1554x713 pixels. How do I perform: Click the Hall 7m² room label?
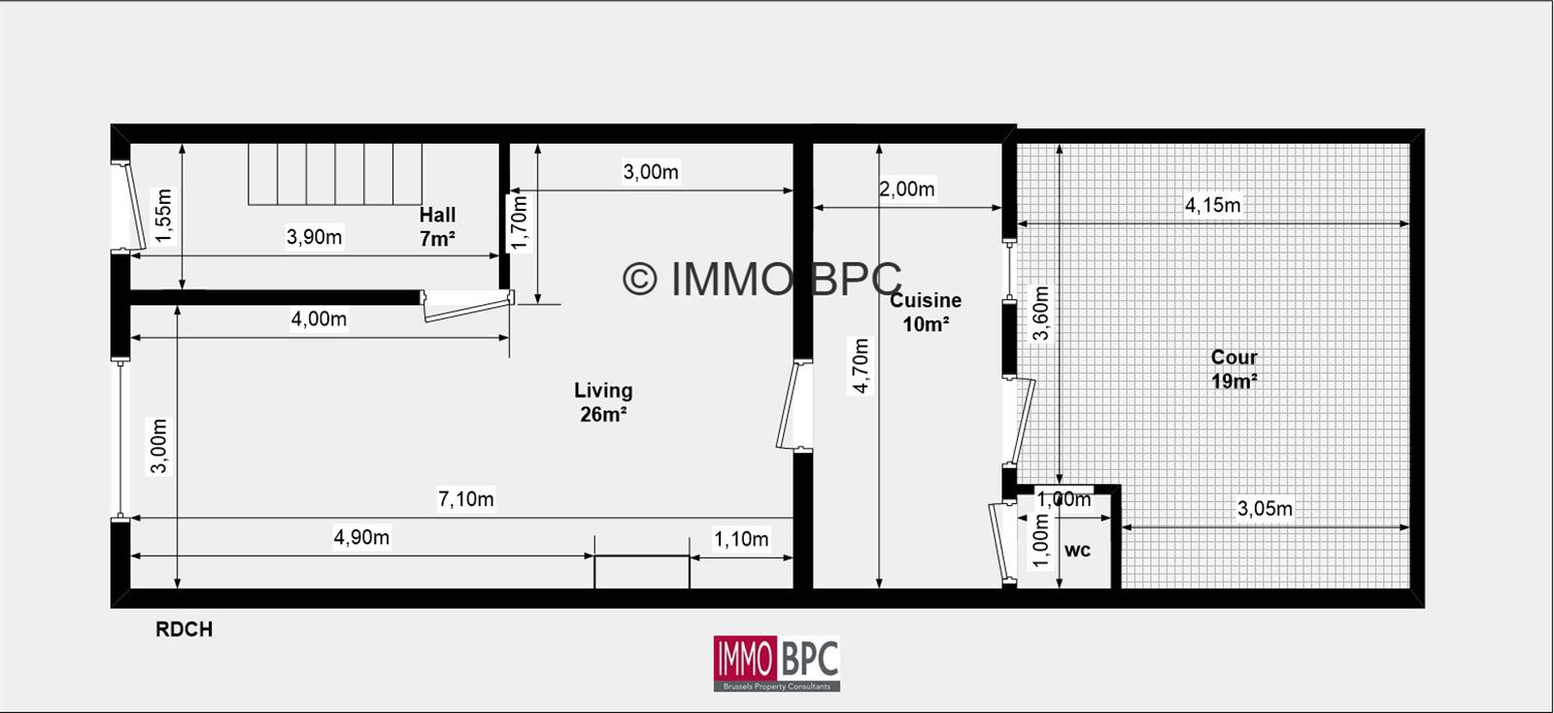tap(437, 226)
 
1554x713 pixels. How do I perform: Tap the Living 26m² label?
tap(603, 402)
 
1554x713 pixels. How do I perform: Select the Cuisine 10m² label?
tap(926, 312)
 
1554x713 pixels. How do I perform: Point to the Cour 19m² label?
tap(1234, 369)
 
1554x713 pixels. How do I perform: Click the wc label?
tap(1077, 551)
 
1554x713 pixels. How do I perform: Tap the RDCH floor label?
tap(184, 629)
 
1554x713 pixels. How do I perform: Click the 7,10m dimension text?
tap(465, 498)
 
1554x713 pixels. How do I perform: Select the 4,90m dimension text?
tap(361, 537)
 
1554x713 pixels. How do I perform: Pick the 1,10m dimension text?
tap(741, 539)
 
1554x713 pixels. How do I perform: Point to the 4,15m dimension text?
tap(1213, 205)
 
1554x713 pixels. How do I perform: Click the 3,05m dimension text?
tap(1265, 509)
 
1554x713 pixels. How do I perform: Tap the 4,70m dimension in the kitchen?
tap(861, 365)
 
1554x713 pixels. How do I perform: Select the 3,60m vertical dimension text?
tap(1040, 314)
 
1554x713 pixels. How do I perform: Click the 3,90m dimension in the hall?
tap(315, 237)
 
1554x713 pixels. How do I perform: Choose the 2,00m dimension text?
tap(907, 188)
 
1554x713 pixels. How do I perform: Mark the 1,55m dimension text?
tap(164, 217)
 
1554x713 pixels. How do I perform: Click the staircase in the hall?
tap(335, 174)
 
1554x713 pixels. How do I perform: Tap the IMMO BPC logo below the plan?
tap(777, 663)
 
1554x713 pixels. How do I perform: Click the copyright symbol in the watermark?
tap(640, 279)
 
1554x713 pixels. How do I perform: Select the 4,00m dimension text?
tap(319, 319)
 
